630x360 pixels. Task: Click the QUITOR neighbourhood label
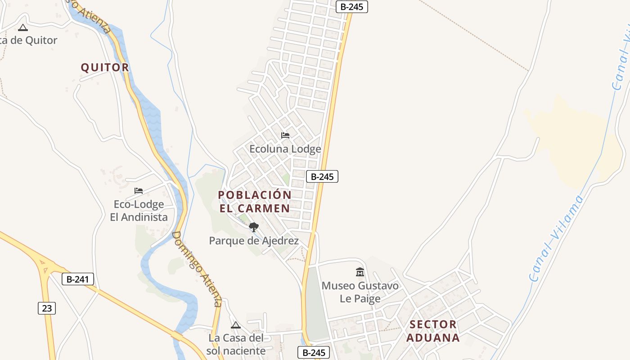(x=105, y=67)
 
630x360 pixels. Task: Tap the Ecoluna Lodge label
(x=285, y=149)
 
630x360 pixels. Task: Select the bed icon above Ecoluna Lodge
(x=285, y=135)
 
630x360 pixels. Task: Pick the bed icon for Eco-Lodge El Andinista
(x=139, y=191)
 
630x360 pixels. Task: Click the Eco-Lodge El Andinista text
(x=139, y=211)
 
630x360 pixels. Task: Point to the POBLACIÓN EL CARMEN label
(x=255, y=202)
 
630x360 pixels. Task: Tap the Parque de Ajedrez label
(x=254, y=241)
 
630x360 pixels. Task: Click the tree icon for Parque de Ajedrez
(x=254, y=227)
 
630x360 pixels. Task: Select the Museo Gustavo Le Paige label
(x=360, y=292)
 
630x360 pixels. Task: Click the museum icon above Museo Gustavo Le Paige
(x=360, y=272)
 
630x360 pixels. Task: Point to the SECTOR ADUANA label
(x=433, y=331)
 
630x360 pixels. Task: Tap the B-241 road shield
(x=78, y=279)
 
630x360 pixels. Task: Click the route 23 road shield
(x=47, y=308)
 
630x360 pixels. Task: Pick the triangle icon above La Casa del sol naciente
(x=236, y=325)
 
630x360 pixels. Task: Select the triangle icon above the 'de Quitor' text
(x=23, y=28)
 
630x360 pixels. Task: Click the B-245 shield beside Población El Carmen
(x=322, y=177)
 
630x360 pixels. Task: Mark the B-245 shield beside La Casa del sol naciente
(x=314, y=353)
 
